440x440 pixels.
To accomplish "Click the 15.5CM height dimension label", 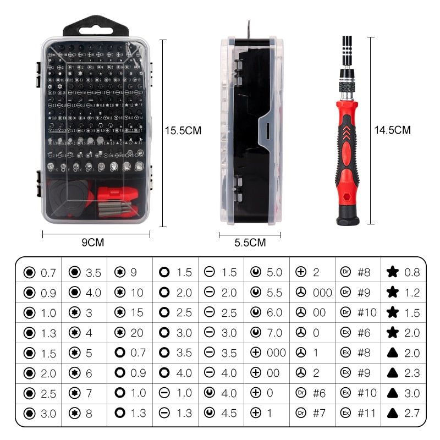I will pyautogui.click(x=183, y=131).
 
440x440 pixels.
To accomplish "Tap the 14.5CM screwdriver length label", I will pyautogui.click(x=393, y=130).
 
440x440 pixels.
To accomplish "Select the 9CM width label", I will pyautogui.click(x=92, y=243).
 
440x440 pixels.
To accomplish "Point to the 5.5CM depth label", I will pyautogui.click(x=250, y=243).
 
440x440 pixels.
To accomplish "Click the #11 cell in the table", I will pyautogui.click(x=367, y=414).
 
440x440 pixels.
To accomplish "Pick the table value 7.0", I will pyautogui.click(x=273, y=333).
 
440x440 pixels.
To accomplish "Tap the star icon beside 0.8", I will pyautogui.click(x=392, y=272).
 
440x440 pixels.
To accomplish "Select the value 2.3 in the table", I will pyautogui.click(x=412, y=373).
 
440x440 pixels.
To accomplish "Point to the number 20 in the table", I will pyautogui.click(x=137, y=333).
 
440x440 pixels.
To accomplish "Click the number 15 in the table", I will pyautogui.click(x=137, y=313).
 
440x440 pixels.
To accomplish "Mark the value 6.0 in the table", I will pyautogui.click(x=273, y=313).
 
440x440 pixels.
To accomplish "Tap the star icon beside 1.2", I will pyautogui.click(x=392, y=293).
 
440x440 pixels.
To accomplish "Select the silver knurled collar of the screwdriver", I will pyautogui.click(x=346, y=88).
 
